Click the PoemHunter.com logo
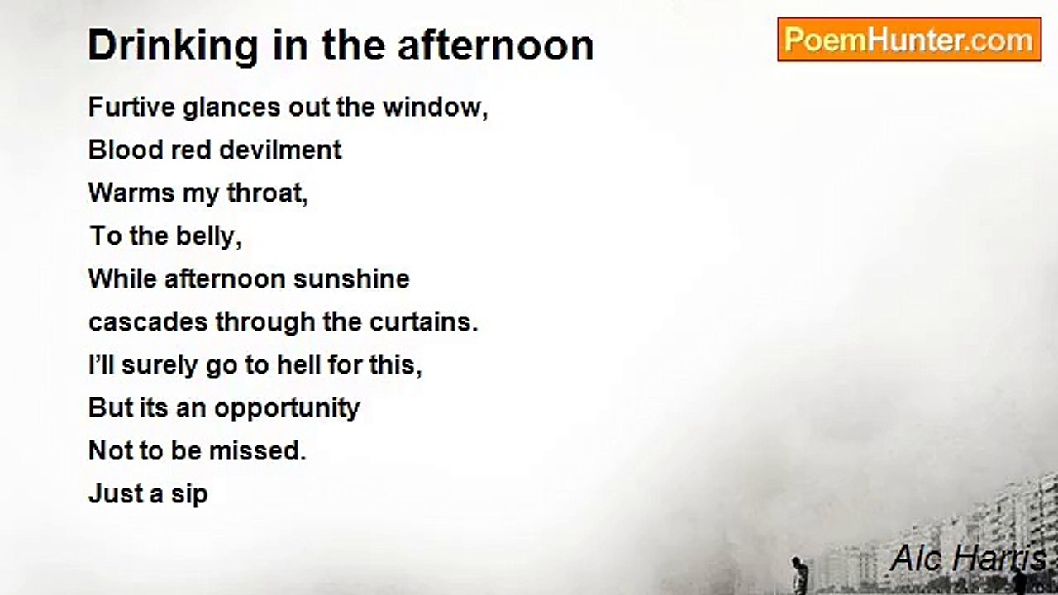(x=909, y=40)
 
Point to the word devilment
(x=280, y=150)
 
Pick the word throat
(x=267, y=193)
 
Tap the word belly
(x=209, y=236)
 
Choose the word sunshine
(x=351, y=278)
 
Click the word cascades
(x=148, y=322)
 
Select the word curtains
(x=424, y=322)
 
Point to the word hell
(x=298, y=365)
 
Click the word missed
(x=258, y=450)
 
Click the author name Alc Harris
(x=968, y=558)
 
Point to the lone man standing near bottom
(x=798, y=574)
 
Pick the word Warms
(x=131, y=193)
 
